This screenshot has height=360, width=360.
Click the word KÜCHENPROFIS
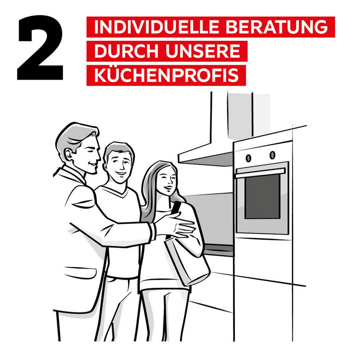[x=166, y=76]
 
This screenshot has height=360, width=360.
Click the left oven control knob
[x=248, y=158]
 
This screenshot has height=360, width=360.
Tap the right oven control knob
[x=272, y=154]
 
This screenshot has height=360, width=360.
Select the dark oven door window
[x=262, y=196]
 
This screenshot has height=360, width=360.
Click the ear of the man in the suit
[x=68, y=154]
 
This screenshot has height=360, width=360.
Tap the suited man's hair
[x=74, y=134]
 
